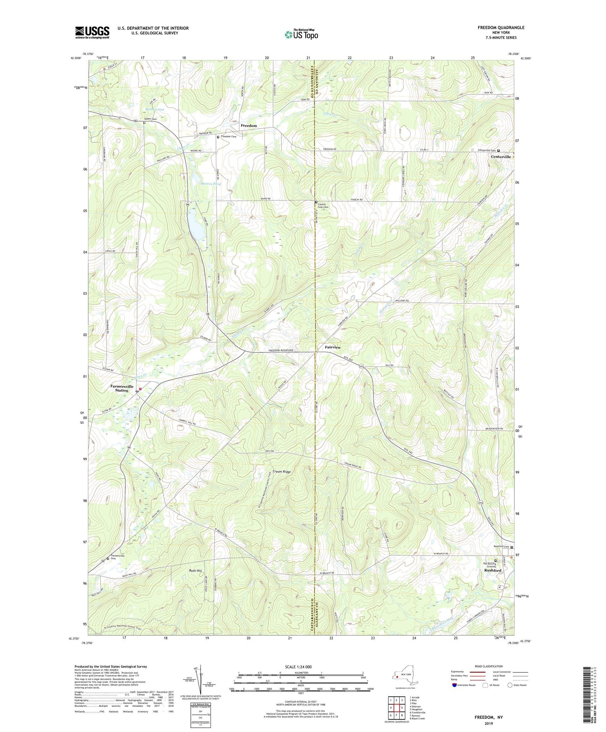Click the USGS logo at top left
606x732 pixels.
tap(92, 32)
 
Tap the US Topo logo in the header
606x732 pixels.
tap(301, 34)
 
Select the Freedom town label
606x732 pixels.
tap(249, 126)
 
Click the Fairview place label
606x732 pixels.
tap(333, 348)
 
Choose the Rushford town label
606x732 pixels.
tap(493, 571)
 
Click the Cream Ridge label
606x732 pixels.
tap(281, 472)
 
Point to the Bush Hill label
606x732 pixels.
tap(195, 571)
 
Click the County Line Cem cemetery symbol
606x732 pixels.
tap(316, 202)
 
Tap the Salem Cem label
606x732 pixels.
tap(150, 119)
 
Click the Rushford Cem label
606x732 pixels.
tap(501, 546)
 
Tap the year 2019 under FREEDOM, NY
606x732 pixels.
tap(489, 723)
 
